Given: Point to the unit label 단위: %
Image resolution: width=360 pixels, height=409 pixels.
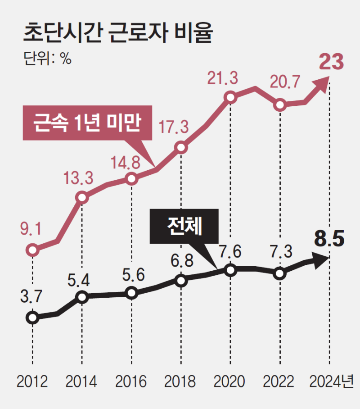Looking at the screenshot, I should [47, 59].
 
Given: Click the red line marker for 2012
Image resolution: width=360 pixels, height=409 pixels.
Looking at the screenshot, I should [32, 250].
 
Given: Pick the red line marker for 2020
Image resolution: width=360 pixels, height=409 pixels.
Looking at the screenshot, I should [230, 97].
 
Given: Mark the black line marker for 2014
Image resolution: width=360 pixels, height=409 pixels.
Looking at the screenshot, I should [82, 297].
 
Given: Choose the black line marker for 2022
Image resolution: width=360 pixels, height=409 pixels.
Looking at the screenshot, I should [280, 273].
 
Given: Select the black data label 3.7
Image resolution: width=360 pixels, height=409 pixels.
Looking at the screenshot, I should [31, 297].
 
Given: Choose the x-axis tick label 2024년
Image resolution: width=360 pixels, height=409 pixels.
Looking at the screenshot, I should [331, 382].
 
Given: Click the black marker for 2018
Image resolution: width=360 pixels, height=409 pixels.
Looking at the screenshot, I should [181, 281].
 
